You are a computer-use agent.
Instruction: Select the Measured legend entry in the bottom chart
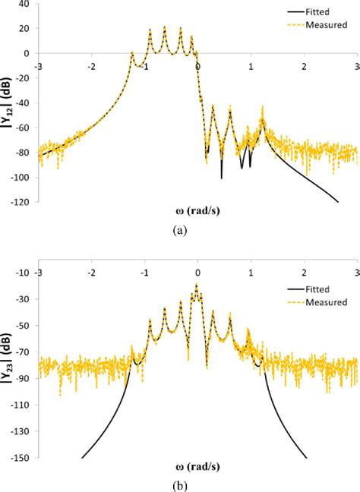(x=321, y=303)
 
